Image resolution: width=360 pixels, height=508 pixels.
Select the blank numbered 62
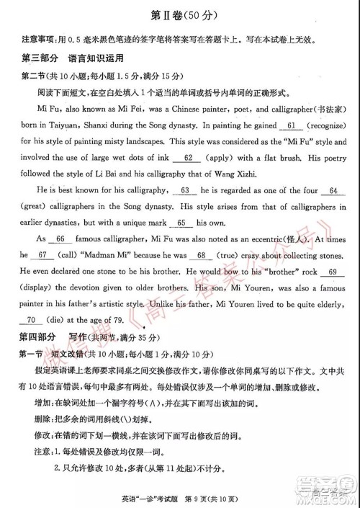click(x=188, y=157)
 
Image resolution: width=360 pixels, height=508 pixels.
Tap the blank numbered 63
click(x=186, y=190)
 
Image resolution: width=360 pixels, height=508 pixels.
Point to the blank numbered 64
click(x=332, y=190)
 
